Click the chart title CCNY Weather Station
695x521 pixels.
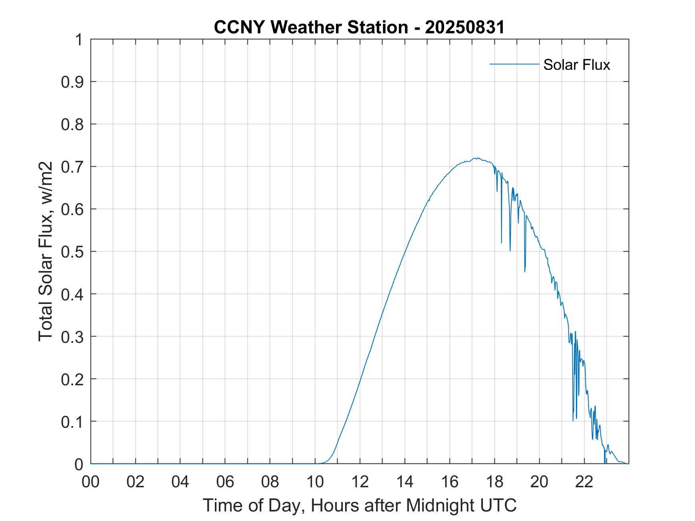pyautogui.click(x=311, y=27)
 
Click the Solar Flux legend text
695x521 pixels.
pyautogui.click(x=576, y=65)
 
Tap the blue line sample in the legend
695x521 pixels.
pyautogui.click(x=514, y=64)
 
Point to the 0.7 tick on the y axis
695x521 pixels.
pyautogui.click(x=73, y=167)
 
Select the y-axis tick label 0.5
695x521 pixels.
pyautogui.click(x=73, y=252)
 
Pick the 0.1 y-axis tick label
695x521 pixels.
pyautogui.click(x=73, y=421)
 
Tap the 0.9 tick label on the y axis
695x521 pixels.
pyautogui.click(x=73, y=82)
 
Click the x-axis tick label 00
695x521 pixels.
pyautogui.click(x=91, y=482)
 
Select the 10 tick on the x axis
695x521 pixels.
pyautogui.click(x=315, y=482)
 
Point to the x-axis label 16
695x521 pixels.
pyautogui.click(x=450, y=482)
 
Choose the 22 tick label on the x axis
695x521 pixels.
pyautogui.click(x=584, y=482)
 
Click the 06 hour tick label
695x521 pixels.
pyautogui.click(x=225, y=482)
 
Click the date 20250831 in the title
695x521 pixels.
pyautogui.click(x=465, y=27)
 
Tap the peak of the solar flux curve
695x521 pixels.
pyautogui.click(x=476, y=158)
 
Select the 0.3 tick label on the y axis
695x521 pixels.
pyautogui.click(x=73, y=336)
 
